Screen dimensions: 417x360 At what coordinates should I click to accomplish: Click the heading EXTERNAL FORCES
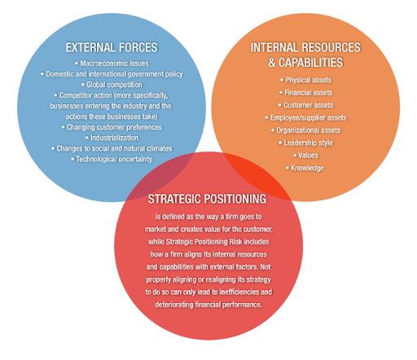[x=112, y=47]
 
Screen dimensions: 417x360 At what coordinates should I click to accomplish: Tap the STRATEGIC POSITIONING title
[x=207, y=199]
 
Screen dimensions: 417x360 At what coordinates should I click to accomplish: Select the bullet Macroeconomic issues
[x=112, y=64]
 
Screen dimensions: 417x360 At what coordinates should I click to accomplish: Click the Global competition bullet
[x=112, y=85]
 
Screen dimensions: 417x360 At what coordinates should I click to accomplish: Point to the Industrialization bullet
[x=112, y=138]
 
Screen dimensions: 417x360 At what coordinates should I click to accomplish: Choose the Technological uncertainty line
[x=112, y=159]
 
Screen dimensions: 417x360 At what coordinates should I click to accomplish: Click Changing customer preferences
[x=112, y=127]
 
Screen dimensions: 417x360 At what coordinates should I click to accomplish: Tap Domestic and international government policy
[x=112, y=74]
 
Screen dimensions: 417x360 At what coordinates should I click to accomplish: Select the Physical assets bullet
[x=306, y=80]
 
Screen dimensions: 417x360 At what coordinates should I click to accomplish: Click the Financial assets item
[x=306, y=93]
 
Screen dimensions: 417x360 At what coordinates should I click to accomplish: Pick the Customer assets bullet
[x=306, y=105]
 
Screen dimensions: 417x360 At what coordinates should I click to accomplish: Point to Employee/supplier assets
[x=306, y=117]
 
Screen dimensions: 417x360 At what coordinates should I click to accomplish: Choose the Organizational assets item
[x=306, y=130]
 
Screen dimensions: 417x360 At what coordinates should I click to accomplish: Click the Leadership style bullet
[x=306, y=143]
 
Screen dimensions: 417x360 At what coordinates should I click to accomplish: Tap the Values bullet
[x=306, y=156]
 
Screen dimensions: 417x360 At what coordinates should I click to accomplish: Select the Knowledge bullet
[x=305, y=168]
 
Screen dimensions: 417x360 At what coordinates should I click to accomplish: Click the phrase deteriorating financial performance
[x=208, y=305]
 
